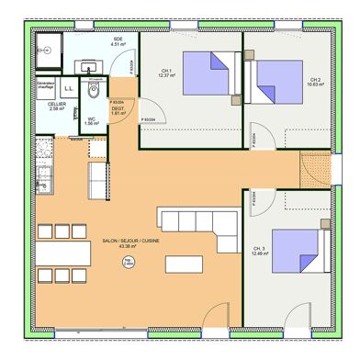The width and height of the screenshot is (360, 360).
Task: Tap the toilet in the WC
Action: (93, 95)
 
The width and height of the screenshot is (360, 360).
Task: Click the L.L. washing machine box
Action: (70, 87)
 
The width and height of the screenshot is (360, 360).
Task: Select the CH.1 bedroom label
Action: (166, 71)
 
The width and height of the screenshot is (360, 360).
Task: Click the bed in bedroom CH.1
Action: (208, 73)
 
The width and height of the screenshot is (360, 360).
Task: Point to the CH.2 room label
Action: (316, 80)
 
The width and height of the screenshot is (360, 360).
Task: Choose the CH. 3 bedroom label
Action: (258, 249)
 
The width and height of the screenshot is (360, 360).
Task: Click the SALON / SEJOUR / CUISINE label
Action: (128, 242)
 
